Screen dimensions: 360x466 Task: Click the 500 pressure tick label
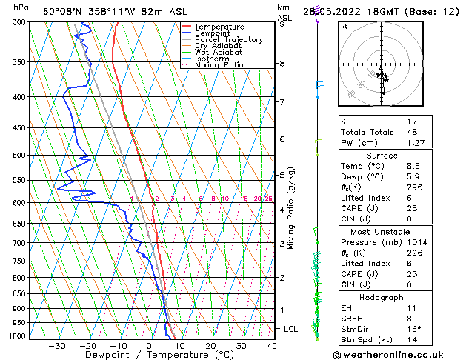point(20,156)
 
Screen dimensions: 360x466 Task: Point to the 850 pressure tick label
point(20,293)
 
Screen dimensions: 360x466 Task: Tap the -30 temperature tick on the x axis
point(57,345)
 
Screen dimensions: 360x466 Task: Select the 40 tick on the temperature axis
point(272,345)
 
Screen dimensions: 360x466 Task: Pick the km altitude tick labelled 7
point(282,101)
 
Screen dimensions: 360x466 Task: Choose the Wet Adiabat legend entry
point(218,52)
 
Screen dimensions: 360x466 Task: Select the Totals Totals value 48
point(412,131)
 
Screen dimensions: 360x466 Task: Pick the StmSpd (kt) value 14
point(412,340)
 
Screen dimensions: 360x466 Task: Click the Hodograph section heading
point(387,297)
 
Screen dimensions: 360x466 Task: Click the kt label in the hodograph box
point(344,26)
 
